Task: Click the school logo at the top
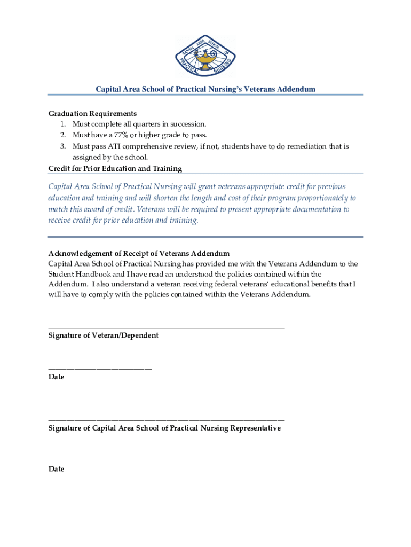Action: pos(205,57)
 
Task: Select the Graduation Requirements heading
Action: pos(92,113)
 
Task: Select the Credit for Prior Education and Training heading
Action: pos(115,168)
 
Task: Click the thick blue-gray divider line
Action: pos(205,237)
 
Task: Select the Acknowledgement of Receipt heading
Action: pos(139,253)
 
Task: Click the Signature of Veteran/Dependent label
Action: pos(103,335)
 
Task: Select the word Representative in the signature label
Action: pos(249,428)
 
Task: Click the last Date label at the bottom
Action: pos(56,469)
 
